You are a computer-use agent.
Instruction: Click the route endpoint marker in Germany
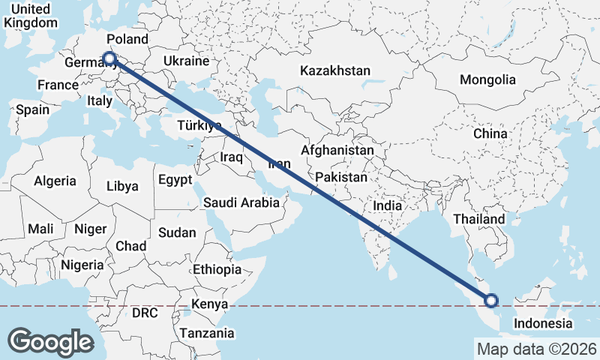coord(109,58)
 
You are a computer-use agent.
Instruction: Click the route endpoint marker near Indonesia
coord(491,301)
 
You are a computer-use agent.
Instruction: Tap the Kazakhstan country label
coord(335,71)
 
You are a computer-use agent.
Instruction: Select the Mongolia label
coord(487,79)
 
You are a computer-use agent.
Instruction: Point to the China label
coord(490,133)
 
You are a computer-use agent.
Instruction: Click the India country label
coord(388,205)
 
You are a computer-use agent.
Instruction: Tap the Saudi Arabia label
coord(241,202)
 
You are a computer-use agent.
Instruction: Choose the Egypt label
coord(175,180)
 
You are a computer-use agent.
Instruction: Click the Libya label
coord(123,186)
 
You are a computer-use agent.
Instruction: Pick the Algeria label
coord(55,181)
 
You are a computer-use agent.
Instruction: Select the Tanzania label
coord(206,333)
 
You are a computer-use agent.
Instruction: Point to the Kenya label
coord(210,304)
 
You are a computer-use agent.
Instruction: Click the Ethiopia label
coord(217,269)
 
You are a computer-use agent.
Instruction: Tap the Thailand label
coord(478,219)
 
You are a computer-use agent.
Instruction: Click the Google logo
coord(51,341)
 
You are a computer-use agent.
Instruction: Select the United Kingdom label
coord(30,16)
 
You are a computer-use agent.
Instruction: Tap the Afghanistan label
coord(337,150)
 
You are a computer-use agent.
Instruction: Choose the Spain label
coord(32,109)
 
